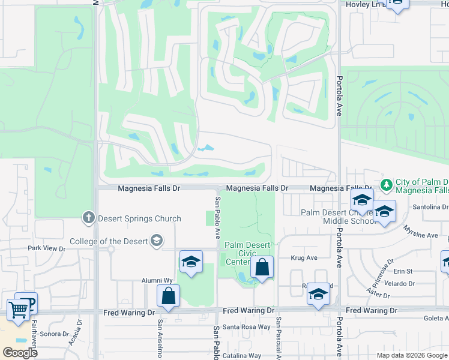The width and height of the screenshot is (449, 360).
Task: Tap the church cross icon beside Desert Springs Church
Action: point(88,218)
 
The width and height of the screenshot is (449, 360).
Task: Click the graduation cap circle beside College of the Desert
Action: point(156,241)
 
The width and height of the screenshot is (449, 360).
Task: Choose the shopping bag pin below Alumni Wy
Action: point(168,296)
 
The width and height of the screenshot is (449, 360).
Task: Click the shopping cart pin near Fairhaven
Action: point(18,310)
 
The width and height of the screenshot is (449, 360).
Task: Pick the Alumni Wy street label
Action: point(157,280)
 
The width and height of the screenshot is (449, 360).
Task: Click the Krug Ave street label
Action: point(304,257)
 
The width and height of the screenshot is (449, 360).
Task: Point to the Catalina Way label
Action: point(242,355)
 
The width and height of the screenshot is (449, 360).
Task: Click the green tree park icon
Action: point(387,183)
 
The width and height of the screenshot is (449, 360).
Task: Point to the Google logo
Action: point(19,353)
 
